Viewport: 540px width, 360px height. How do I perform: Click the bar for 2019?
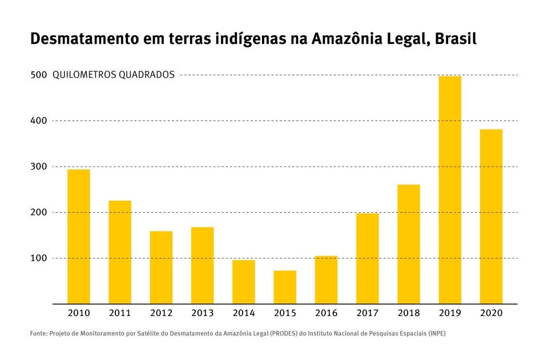[450, 190]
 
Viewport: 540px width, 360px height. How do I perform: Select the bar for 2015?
[285, 287]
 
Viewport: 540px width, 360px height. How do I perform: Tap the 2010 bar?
[79, 236]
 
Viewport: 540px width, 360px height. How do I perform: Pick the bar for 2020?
[491, 216]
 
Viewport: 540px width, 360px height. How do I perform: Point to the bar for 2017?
[367, 258]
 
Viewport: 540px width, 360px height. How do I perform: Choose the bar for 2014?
[244, 282]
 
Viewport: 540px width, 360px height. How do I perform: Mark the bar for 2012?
[161, 267]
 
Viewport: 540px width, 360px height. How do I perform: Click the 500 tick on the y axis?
[38, 75]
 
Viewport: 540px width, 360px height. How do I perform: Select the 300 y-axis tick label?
[38, 167]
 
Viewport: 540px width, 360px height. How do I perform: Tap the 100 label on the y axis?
[38, 258]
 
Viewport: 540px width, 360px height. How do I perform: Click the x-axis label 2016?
[326, 313]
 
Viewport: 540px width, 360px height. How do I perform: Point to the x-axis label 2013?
[202, 313]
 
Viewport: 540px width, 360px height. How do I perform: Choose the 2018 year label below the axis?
[409, 313]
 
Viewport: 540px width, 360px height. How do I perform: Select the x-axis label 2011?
[120, 313]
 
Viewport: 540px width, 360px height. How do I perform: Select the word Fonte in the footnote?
[39, 333]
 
